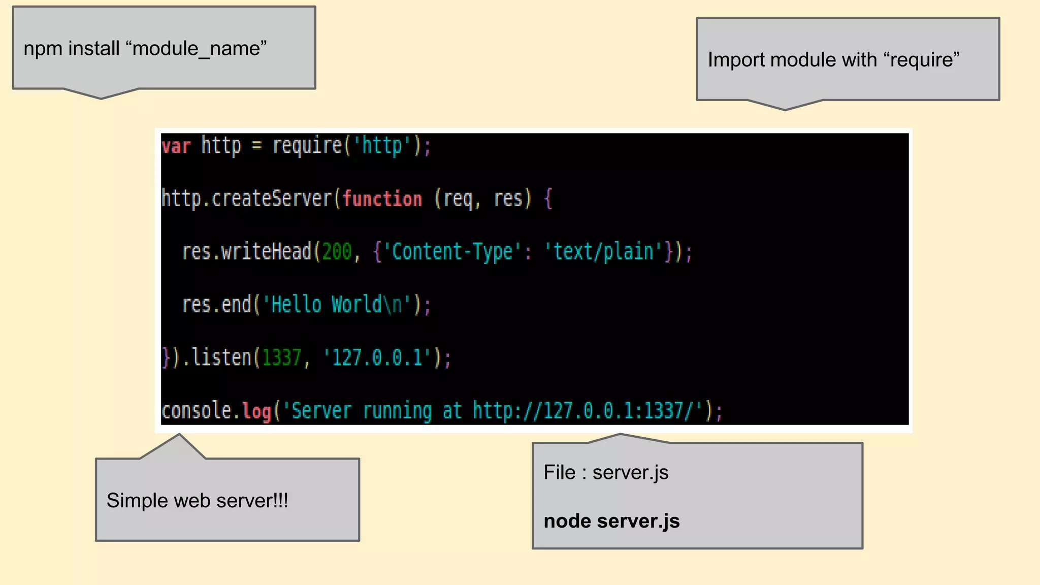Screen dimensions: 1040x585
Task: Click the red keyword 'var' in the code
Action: pos(176,146)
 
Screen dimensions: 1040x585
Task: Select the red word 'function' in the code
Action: pos(382,199)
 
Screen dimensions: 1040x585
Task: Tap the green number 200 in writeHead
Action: pos(337,251)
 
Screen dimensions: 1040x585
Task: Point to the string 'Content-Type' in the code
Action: pos(452,252)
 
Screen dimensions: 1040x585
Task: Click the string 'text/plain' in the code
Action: pos(603,252)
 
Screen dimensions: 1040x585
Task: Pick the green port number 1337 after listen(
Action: pos(282,357)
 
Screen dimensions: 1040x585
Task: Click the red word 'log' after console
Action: pos(256,411)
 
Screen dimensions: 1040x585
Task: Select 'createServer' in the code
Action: pos(272,198)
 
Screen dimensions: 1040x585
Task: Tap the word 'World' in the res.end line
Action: pos(356,305)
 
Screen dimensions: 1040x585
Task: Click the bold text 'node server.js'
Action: pos(611,521)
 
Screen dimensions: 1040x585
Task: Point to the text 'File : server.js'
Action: pos(606,472)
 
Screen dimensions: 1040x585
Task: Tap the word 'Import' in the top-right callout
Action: pos(736,60)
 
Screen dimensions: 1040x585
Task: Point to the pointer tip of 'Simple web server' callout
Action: pos(179,435)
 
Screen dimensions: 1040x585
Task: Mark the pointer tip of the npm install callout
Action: pos(101,98)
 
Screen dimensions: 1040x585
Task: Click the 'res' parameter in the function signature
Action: pos(508,199)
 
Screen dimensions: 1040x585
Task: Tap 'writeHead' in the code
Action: pos(266,251)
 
